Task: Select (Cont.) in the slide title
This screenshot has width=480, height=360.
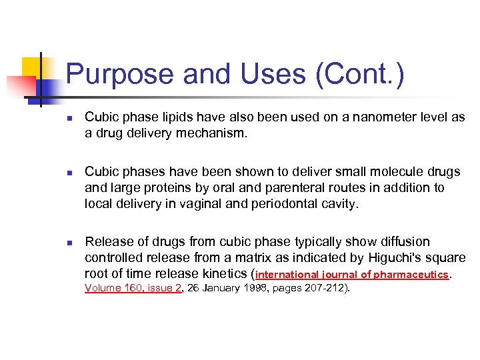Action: (361, 74)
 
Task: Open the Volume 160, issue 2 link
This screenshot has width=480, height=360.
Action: (133, 288)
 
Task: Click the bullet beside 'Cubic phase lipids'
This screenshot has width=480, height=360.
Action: (69, 117)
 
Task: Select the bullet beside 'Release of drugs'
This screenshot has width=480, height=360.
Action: (69, 242)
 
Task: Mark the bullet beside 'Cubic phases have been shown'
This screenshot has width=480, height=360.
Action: (69, 173)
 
